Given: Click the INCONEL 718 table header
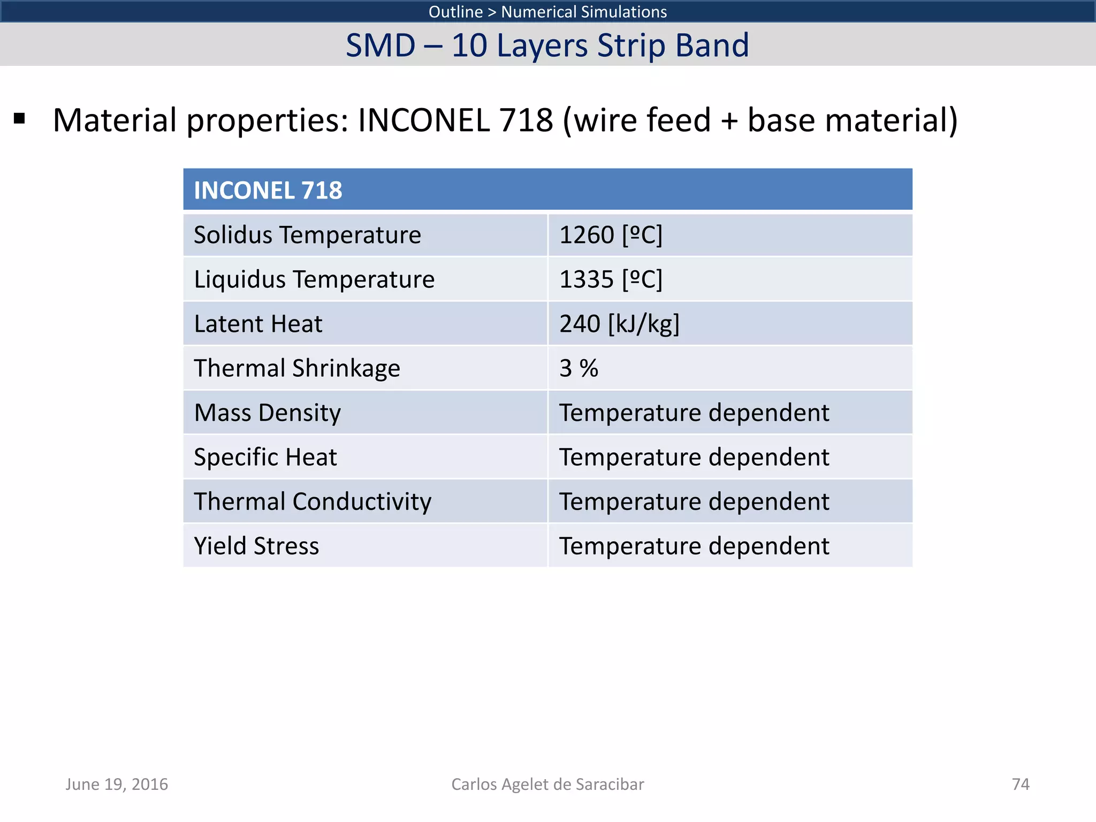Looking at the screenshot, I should tap(268, 190).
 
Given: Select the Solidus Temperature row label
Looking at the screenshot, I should tap(307, 235).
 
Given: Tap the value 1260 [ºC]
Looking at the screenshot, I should tap(611, 235).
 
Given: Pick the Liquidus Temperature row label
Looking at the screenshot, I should tap(314, 279).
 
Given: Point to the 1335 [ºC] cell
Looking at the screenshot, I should tap(611, 279).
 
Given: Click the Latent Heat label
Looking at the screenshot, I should tap(258, 324).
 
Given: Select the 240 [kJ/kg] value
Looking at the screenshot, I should tap(619, 324).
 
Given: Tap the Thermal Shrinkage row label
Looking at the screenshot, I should tap(297, 368).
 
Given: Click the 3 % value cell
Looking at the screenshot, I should tap(579, 368).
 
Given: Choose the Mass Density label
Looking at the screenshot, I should tap(267, 413).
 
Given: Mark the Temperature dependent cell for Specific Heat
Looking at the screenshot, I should tap(694, 457).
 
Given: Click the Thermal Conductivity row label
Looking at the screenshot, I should tap(313, 501).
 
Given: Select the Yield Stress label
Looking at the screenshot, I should tap(256, 546).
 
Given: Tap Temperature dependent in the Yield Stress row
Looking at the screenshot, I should tap(694, 546).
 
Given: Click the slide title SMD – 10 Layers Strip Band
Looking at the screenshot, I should tap(547, 45).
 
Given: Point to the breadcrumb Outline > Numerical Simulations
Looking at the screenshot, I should tap(547, 12).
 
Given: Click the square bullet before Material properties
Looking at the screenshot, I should tap(20, 119).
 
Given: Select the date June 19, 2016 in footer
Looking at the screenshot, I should tap(117, 784).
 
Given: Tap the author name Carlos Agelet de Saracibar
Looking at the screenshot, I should tap(547, 784).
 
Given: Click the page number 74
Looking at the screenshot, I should tap(1021, 784).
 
